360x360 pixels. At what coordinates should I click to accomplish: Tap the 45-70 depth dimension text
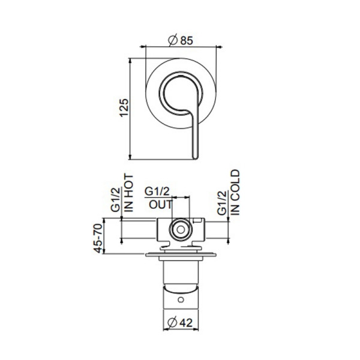98,239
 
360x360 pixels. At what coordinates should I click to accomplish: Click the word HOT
130,184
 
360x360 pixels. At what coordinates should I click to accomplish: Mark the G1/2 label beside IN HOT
116,200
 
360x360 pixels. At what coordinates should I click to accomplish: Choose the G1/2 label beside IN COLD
221,203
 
